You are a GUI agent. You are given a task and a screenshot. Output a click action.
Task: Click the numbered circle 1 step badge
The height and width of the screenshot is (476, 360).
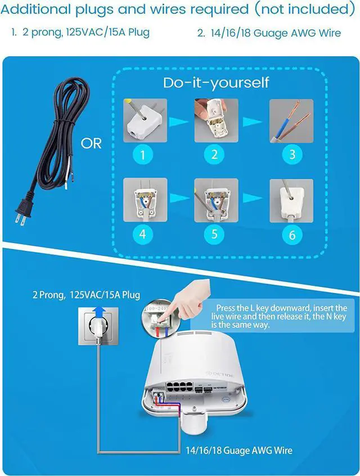(x=143, y=154)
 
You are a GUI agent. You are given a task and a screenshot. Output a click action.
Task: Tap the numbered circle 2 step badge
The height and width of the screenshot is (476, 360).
(x=214, y=154)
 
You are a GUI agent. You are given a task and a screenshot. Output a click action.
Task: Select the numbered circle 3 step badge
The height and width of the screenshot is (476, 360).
(x=291, y=154)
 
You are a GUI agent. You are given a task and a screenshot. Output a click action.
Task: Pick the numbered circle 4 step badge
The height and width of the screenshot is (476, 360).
(x=143, y=233)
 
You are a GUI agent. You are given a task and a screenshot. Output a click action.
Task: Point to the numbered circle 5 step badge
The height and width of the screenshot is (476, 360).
(x=214, y=233)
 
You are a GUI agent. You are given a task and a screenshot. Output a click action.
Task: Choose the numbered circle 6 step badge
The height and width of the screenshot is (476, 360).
(x=291, y=233)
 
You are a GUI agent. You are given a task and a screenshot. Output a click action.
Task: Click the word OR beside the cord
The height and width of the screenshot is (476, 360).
(x=91, y=143)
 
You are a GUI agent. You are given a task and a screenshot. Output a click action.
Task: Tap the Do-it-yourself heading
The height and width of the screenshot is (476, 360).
(x=216, y=83)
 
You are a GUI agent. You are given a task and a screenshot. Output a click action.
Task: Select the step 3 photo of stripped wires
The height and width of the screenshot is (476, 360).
(x=291, y=120)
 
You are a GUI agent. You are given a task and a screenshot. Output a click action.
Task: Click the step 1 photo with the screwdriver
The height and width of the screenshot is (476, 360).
(x=145, y=120)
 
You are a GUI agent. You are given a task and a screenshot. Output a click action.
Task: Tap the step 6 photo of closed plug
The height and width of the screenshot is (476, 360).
(x=291, y=200)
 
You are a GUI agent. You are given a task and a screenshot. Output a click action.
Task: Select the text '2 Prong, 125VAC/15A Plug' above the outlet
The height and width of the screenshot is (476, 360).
(x=85, y=295)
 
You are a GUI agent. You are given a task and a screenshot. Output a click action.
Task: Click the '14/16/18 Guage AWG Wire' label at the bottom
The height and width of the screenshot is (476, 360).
(x=239, y=450)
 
